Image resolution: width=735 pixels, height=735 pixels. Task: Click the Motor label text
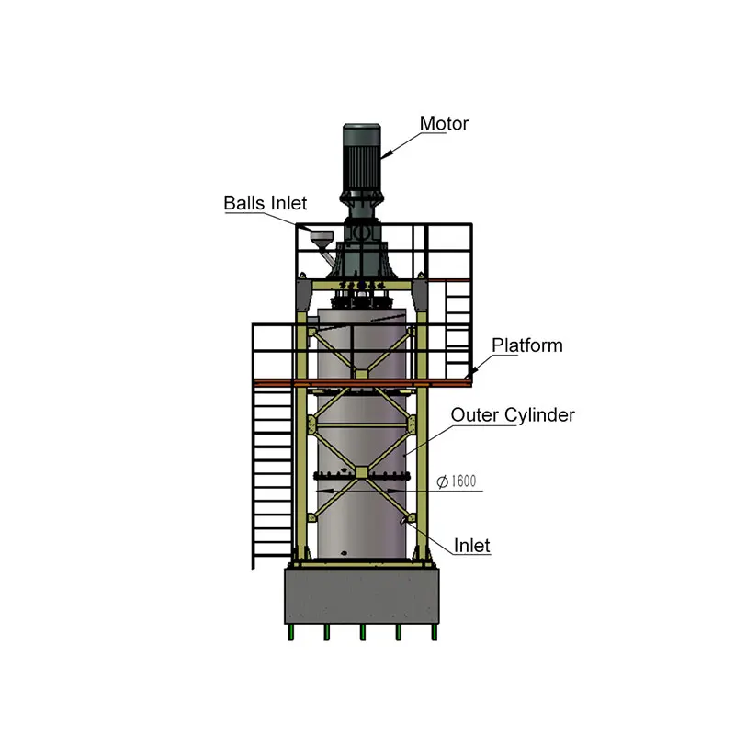coord(444,123)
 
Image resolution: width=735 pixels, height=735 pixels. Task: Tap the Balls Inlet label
coord(266,203)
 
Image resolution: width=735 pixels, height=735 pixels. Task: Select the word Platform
coord(526,345)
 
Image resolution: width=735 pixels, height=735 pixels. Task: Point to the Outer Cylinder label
coord(512,415)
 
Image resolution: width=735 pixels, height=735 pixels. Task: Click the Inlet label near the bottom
coord(472,546)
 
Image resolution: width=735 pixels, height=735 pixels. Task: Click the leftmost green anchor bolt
coord(292,632)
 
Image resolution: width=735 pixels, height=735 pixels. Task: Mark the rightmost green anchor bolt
coord(435,632)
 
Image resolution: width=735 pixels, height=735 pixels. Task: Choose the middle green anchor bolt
coord(363,632)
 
